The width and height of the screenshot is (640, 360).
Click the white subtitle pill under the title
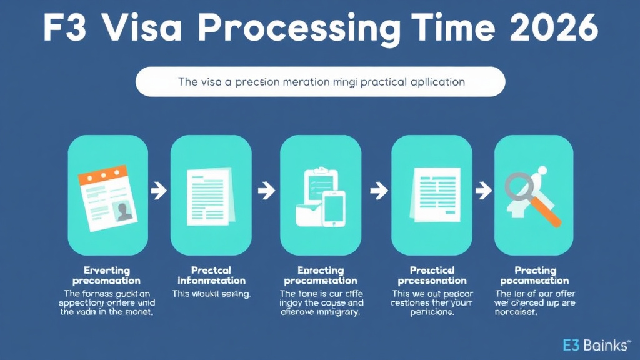tap(320, 82)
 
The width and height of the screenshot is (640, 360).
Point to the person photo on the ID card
tap(124, 211)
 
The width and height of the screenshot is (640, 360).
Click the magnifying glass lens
tap(521, 186)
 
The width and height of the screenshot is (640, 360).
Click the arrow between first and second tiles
tap(159, 190)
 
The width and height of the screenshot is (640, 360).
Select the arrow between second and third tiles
tap(266, 190)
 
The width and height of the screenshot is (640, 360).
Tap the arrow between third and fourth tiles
tap(377, 190)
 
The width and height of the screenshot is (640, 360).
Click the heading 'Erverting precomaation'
tap(106, 276)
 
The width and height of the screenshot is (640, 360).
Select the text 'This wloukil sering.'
tap(211, 293)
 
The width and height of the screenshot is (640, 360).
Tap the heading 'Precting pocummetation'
tap(535, 276)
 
